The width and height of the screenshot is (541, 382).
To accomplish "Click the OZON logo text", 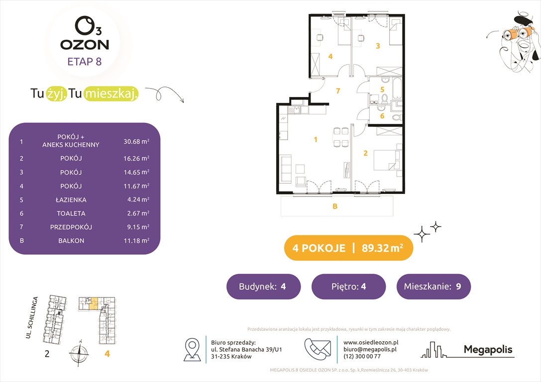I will (x=85, y=44).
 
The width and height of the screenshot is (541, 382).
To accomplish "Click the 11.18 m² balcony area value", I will (x=136, y=241).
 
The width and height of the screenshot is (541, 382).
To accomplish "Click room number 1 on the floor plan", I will (x=315, y=140).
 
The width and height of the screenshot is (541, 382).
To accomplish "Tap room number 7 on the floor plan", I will (x=337, y=91).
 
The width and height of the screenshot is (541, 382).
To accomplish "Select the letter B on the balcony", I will (x=335, y=206).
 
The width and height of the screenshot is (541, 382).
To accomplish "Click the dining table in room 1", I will (x=341, y=137).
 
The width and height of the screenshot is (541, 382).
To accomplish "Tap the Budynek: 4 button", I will (x=263, y=286).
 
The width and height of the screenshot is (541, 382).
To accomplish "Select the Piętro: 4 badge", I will (x=348, y=286).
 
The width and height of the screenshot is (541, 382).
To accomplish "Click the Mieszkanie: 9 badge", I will (x=433, y=286).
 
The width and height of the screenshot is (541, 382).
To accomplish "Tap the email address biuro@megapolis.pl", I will (x=367, y=349).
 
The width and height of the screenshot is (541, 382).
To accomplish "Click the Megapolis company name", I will (x=488, y=350).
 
